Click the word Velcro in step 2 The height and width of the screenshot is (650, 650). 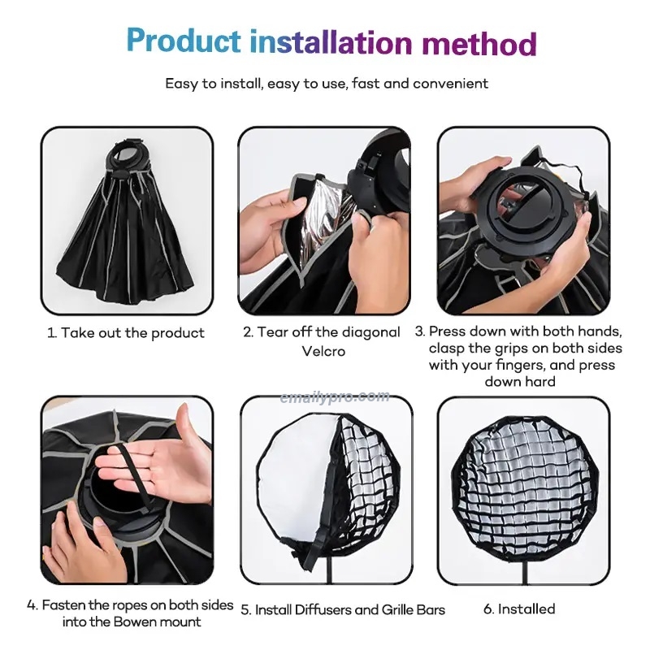[323, 351]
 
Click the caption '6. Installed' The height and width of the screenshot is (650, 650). [519, 609]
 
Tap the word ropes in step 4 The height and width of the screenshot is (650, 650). [120, 605]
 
